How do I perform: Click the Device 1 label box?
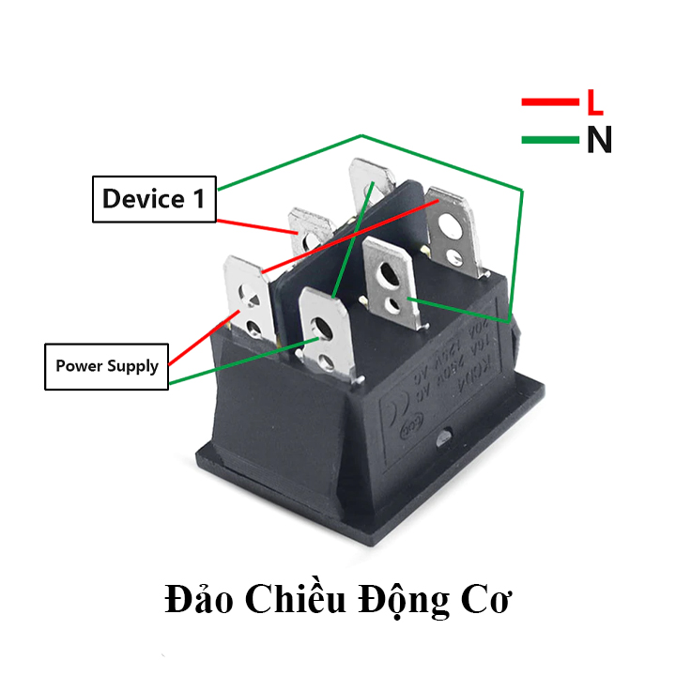(x=154, y=199)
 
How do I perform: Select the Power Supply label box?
(x=106, y=366)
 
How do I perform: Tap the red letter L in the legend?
(x=594, y=101)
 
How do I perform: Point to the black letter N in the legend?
(x=598, y=141)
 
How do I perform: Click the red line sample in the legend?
(x=549, y=101)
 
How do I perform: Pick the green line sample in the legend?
(x=549, y=141)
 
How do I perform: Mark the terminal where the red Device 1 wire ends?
(x=310, y=235)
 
